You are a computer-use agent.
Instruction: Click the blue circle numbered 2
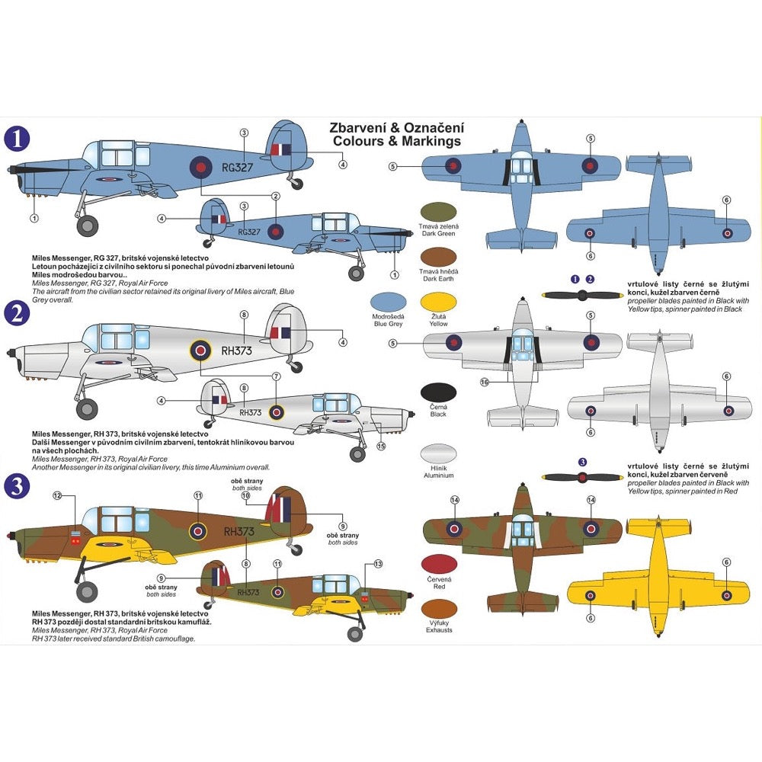[x=17, y=312]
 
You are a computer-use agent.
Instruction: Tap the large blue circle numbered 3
[x=17, y=487]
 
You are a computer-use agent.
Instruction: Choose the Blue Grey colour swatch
[x=388, y=302]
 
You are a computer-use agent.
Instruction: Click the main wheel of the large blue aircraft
[x=89, y=225]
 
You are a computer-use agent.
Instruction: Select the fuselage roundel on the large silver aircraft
[x=200, y=350]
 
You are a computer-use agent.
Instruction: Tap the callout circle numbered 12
[x=57, y=496]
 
